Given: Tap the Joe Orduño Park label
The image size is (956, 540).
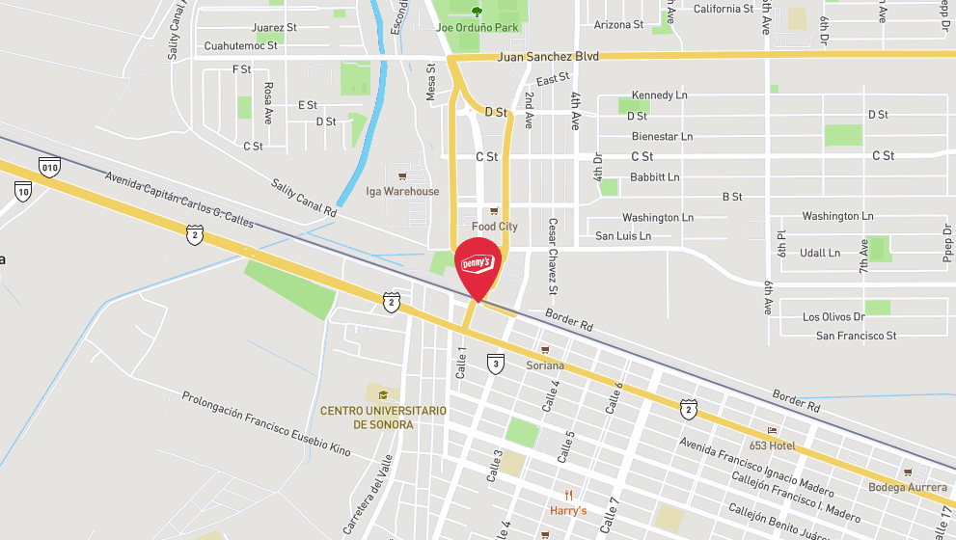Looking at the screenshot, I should click(478, 28).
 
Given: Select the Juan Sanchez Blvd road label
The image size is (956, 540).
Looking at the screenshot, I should click(548, 57).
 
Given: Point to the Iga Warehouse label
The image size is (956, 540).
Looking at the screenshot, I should click(402, 191).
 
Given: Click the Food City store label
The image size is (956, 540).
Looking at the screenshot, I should click(495, 227).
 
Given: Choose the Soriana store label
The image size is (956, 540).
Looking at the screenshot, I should click(545, 365).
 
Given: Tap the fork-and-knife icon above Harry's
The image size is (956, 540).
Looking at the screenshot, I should click(568, 495).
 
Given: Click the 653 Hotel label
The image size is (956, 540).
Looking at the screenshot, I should click(771, 445).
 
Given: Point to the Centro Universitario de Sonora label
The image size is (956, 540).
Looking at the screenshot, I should click(383, 418).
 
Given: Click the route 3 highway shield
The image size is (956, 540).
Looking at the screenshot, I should click(495, 364).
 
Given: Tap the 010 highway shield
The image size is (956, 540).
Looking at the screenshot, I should click(50, 167).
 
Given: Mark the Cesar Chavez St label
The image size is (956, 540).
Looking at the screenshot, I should click(553, 257).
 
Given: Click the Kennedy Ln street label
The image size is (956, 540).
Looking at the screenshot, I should click(660, 95).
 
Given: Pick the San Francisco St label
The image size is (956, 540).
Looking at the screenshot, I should click(857, 336).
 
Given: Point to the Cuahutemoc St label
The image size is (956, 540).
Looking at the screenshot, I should click(240, 45).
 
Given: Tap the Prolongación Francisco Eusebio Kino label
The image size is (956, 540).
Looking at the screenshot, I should click(266, 422).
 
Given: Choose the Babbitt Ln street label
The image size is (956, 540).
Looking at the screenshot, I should click(654, 177).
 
